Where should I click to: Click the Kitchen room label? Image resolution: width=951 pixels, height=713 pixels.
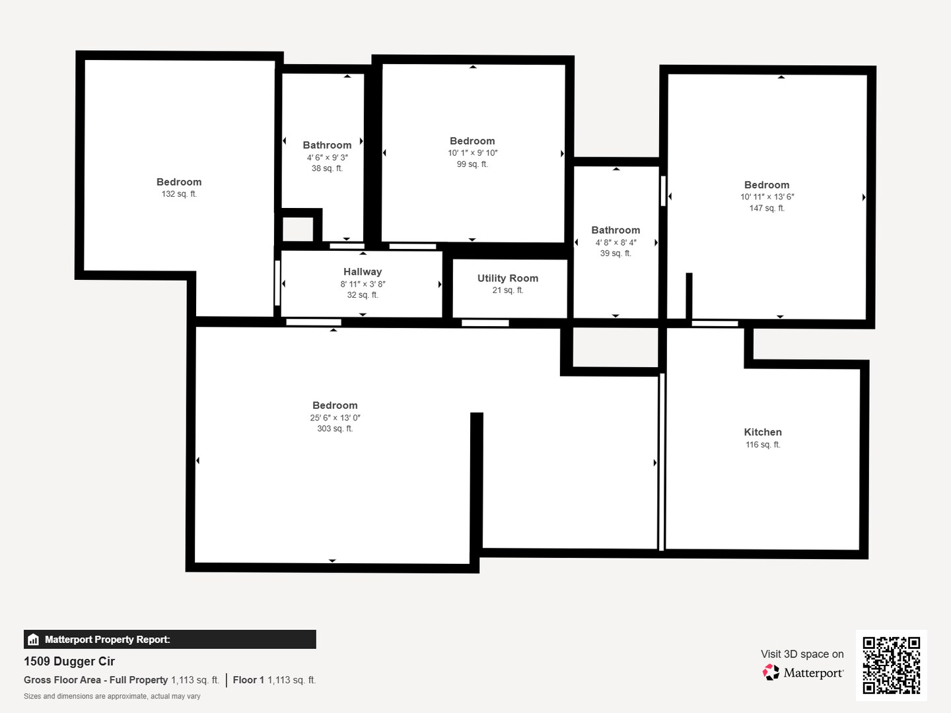[x=763, y=432]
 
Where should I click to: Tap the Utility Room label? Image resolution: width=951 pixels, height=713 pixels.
[x=508, y=279]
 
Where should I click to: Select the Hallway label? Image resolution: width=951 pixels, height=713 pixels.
[x=363, y=272]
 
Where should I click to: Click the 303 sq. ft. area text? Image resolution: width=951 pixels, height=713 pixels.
[x=335, y=429]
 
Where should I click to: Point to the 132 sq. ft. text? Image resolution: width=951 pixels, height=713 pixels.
[x=179, y=194]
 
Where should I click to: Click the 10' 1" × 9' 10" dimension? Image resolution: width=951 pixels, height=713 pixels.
[x=472, y=153]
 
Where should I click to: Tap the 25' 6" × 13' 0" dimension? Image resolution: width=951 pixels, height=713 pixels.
[x=335, y=418]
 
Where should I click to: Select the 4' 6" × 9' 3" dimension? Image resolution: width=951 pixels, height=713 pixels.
[x=327, y=158]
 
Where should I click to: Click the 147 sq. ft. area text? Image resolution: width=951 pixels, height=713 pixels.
[x=767, y=209]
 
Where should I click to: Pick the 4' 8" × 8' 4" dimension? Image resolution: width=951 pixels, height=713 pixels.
[x=616, y=242]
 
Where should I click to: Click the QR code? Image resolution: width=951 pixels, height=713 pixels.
[x=891, y=665]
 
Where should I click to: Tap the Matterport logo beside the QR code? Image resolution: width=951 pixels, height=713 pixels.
[x=803, y=673]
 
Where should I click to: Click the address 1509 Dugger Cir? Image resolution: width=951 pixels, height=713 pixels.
[x=69, y=662]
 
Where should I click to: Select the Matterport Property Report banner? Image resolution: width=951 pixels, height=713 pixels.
[x=170, y=639]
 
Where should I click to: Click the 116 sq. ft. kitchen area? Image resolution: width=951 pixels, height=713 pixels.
[x=763, y=445]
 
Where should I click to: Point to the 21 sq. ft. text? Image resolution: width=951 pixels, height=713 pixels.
[x=508, y=290]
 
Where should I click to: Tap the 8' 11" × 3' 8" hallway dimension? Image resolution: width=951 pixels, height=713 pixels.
[x=363, y=285]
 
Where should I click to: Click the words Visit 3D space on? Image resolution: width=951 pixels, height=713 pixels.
[x=802, y=654]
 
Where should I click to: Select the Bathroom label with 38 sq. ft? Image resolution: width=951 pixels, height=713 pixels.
[x=327, y=145]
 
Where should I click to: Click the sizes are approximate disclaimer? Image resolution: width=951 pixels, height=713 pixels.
[x=112, y=696]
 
